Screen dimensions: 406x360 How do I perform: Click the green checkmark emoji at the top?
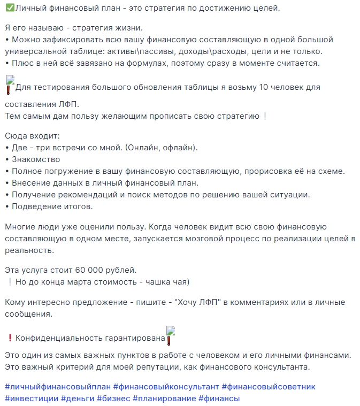9,9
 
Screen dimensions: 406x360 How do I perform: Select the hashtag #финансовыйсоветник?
269,387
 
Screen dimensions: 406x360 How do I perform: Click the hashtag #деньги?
79,399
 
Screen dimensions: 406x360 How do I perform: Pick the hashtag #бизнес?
114,399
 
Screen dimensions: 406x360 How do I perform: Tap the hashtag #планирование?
163,399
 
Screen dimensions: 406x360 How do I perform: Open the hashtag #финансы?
219,399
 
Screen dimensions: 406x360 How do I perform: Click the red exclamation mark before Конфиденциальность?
9,338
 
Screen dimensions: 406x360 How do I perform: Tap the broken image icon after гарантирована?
171,335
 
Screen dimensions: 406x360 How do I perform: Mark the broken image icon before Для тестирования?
10,85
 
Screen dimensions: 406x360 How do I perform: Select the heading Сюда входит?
32,136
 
